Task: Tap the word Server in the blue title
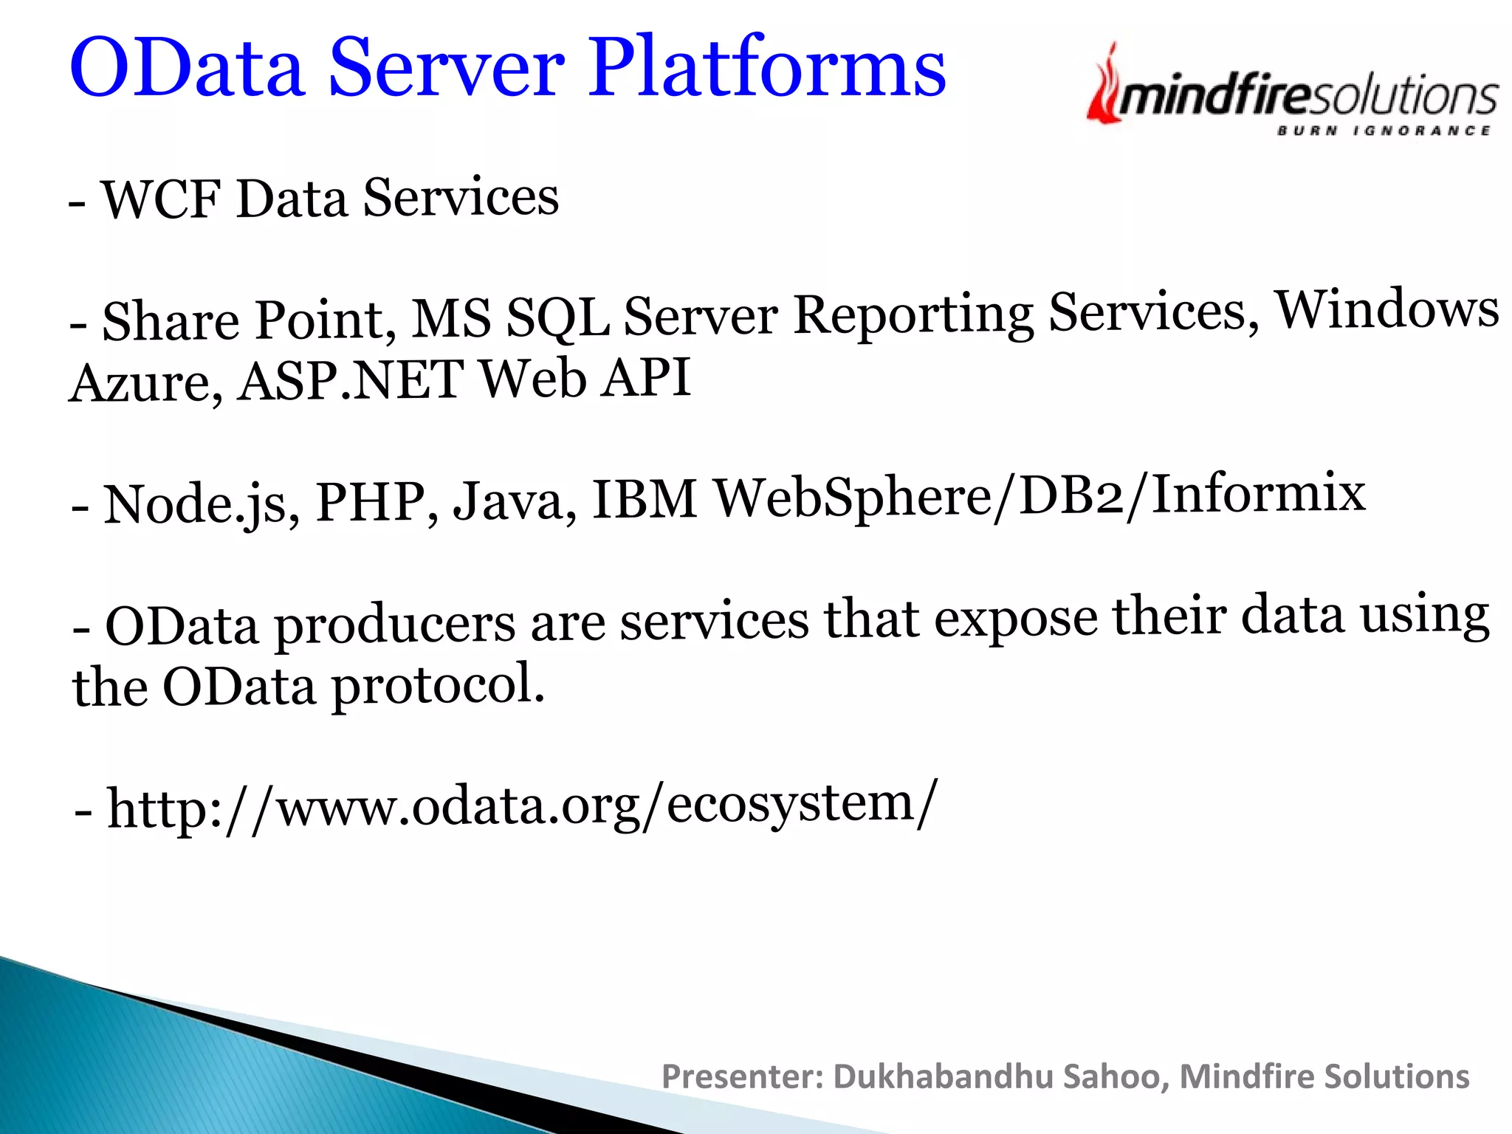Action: (446, 68)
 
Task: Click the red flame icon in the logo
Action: (1104, 85)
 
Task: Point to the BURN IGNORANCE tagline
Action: (1383, 131)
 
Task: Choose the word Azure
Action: (145, 382)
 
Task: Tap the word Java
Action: (514, 501)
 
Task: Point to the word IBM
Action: (644, 498)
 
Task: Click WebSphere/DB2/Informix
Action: (1040, 495)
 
